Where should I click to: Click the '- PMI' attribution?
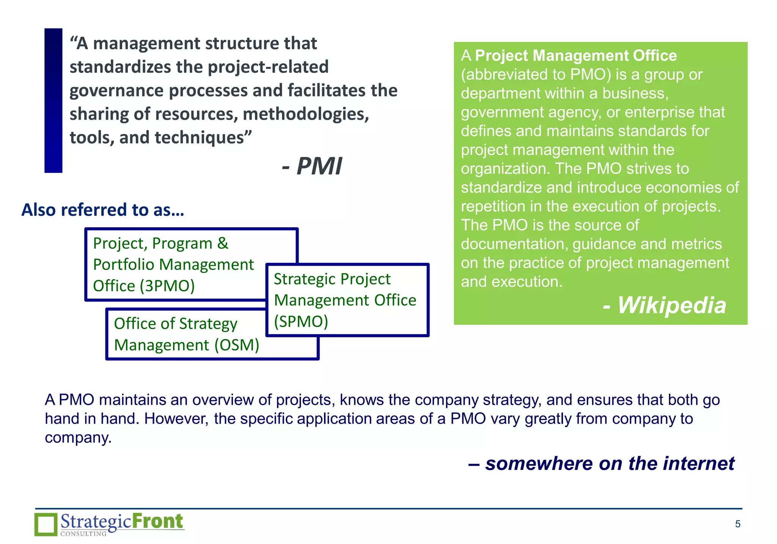pos(312,166)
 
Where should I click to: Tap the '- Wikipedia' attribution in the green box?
pos(664,305)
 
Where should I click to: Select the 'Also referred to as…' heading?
pos(103,210)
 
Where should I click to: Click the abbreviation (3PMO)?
pos(167,286)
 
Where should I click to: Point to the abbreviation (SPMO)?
pos(301,321)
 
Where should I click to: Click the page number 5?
pos(738,524)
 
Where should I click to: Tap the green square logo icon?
pos(46,524)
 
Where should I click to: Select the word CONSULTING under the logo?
pos(83,534)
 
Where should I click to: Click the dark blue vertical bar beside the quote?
pos(53,101)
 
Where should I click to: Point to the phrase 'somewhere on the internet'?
pos(610,463)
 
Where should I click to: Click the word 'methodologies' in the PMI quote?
pos(305,114)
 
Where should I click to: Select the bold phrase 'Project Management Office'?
pos(576,55)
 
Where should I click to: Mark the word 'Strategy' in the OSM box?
pos(208,324)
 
